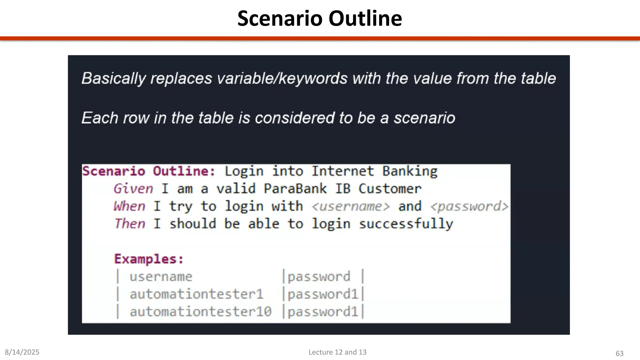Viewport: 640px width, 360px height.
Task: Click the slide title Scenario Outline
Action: click(319, 18)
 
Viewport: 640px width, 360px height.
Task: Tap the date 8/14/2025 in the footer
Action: click(22, 352)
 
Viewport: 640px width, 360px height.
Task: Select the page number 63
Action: click(619, 353)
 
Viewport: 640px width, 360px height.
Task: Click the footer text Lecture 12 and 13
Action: click(337, 352)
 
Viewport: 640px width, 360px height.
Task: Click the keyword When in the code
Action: click(129, 206)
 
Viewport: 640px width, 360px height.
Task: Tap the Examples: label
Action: click(149, 259)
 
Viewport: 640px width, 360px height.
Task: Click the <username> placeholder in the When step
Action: click(351, 207)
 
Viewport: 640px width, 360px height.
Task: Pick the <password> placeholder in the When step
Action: click(469, 207)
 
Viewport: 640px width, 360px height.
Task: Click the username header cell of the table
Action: click(161, 277)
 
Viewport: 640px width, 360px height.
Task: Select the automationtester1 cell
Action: click(197, 294)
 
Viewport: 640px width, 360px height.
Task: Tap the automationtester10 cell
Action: click(201, 312)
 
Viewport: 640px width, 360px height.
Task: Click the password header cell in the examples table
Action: click(319, 277)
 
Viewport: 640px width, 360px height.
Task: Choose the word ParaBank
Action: click(295, 189)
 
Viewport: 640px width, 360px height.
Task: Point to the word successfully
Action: click(406, 224)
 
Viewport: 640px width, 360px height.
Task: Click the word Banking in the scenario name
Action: click(410, 171)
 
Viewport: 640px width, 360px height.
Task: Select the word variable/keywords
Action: click(282, 78)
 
